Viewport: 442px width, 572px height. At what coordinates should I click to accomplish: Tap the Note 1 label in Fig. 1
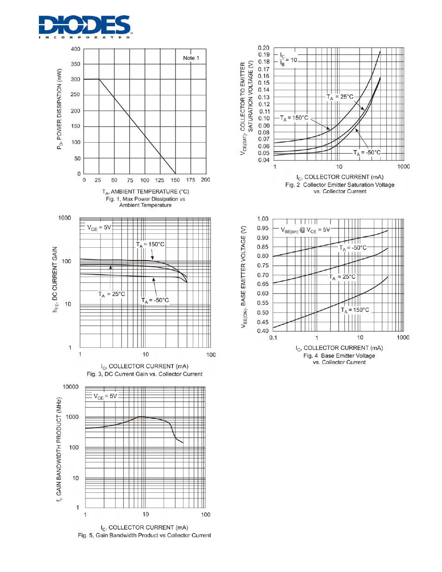(191, 58)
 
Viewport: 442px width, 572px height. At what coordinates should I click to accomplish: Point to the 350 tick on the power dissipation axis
(76, 64)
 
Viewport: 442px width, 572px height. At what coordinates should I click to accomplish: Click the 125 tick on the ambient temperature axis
(159, 180)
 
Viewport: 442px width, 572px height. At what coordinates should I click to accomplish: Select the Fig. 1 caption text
(145, 202)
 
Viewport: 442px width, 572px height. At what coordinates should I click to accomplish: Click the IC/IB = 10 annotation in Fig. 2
(288, 59)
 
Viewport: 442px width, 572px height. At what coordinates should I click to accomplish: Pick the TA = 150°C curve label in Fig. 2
(294, 118)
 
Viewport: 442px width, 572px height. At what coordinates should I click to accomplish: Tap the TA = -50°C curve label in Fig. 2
(367, 153)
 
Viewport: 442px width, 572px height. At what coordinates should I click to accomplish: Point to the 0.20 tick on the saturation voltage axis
(264, 48)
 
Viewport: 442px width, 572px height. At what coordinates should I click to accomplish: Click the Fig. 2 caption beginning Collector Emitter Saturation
(340, 188)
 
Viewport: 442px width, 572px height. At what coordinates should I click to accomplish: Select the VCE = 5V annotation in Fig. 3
(99, 228)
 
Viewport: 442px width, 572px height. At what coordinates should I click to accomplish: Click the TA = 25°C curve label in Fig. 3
(112, 294)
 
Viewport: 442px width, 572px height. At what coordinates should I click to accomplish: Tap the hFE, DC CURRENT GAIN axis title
(55, 280)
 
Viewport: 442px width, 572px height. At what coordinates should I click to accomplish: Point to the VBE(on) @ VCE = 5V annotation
(305, 230)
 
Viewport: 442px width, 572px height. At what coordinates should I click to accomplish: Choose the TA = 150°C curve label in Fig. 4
(355, 310)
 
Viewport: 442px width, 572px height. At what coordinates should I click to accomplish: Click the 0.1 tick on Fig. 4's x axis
(273, 338)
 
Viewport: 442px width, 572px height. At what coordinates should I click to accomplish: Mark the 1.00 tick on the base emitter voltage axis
(263, 219)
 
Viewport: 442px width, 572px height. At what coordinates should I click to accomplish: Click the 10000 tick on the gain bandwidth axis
(70, 387)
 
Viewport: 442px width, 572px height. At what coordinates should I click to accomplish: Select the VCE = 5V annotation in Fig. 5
(105, 396)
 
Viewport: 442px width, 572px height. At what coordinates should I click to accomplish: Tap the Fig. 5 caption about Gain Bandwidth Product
(144, 535)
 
